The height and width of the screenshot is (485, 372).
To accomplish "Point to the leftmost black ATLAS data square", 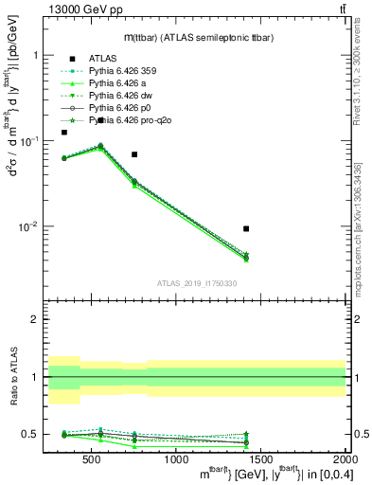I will coord(64,133).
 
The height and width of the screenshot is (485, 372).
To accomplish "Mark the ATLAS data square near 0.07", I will coord(134,154).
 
